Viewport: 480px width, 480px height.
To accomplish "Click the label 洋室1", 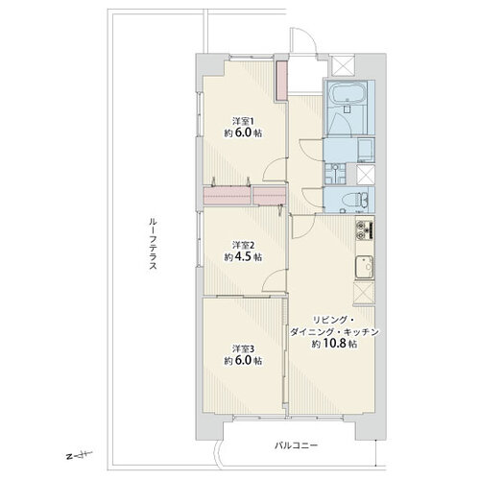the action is pos(243,122).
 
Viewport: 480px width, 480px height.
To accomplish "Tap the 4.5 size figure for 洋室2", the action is pos(243,256).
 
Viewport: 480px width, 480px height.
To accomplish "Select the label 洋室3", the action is pos(243,348).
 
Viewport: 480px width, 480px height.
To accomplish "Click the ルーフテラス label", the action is pos(153,244).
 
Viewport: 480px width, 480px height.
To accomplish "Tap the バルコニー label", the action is pos(297,445).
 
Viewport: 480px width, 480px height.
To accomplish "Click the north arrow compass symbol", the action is pos(79,455).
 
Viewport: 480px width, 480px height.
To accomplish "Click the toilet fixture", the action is pos(355,200).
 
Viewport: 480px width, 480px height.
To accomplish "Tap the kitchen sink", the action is pos(365,267).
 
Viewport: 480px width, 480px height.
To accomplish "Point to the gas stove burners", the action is pos(365,230).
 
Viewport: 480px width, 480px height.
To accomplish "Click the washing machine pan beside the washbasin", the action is pos(366,150).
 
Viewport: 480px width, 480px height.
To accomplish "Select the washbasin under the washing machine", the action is pos(335,174).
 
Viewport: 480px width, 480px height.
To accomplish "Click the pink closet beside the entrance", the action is pos(281,81).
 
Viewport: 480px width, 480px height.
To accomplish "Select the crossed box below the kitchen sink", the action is pos(365,292).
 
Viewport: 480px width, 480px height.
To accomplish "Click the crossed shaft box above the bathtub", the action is pos(343,65).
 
